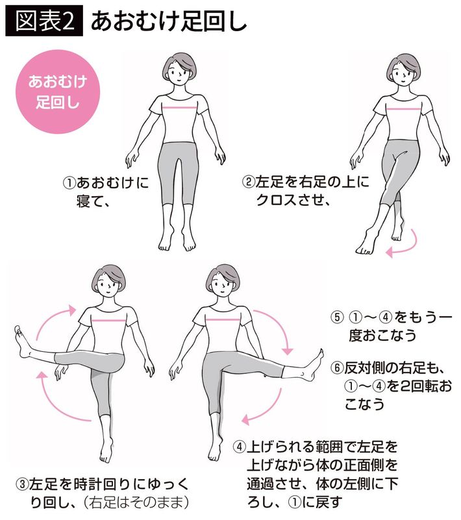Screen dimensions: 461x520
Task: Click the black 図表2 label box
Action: click(44, 21)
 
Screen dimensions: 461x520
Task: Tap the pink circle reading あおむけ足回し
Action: click(58, 92)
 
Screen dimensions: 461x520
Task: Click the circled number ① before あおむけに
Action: click(69, 183)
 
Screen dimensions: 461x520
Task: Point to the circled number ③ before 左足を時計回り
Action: click(22, 484)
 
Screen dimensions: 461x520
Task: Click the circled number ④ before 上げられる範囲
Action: click(240, 447)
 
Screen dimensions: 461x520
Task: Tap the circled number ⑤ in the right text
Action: click(336, 317)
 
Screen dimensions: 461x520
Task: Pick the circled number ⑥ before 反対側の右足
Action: click(336, 368)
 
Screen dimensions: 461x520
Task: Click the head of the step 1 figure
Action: click(179, 69)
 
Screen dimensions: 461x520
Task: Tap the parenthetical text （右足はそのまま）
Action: click(136, 502)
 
